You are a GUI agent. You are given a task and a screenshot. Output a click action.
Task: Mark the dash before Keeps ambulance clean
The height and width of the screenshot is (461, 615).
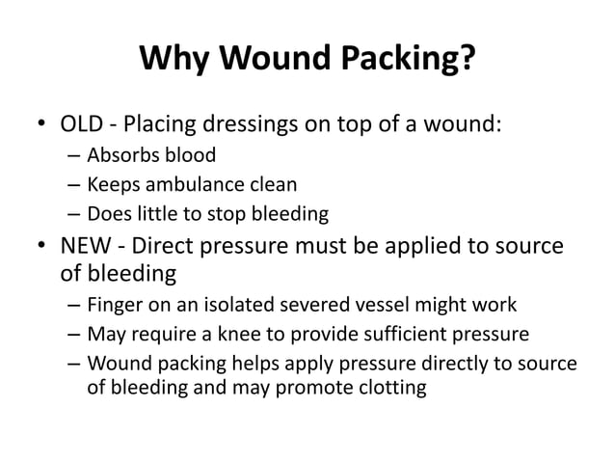click(x=74, y=185)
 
